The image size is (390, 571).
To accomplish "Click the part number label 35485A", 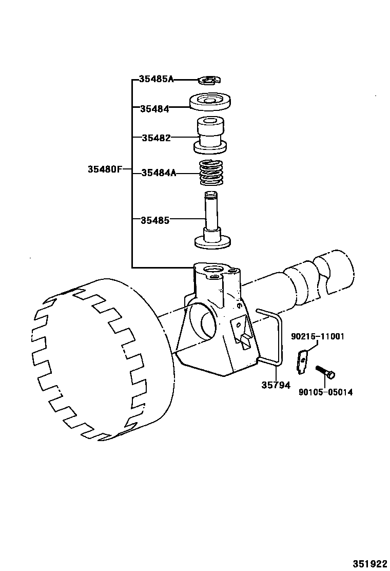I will pyautogui.click(x=157, y=79).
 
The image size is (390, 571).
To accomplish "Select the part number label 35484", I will pyautogui.click(x=154, y=108).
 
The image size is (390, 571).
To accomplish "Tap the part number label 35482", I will pyautogui.click(x=156, y=138).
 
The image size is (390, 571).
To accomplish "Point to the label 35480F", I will pyautogui.click(x=105, y=169).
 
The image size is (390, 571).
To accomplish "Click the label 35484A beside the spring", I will pyautogui.click(x=159, y=173).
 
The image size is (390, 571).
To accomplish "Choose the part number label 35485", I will pyautogui.click(x=155, y=220).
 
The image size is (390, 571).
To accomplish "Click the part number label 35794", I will pyautogui.click(x=276, y=385).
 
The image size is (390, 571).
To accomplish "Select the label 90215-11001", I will pyautogui.click(x=317, y=336).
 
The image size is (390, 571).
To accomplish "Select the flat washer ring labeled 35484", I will pyautogui.click(x=210, y=101).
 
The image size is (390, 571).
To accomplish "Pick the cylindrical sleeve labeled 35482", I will pyautogui.click(x=210, y=135).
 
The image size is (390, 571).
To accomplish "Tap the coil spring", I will pyautogui.click(x=211, y=173).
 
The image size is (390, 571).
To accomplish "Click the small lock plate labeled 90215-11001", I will pyautogui.click(x=303, y=360).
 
